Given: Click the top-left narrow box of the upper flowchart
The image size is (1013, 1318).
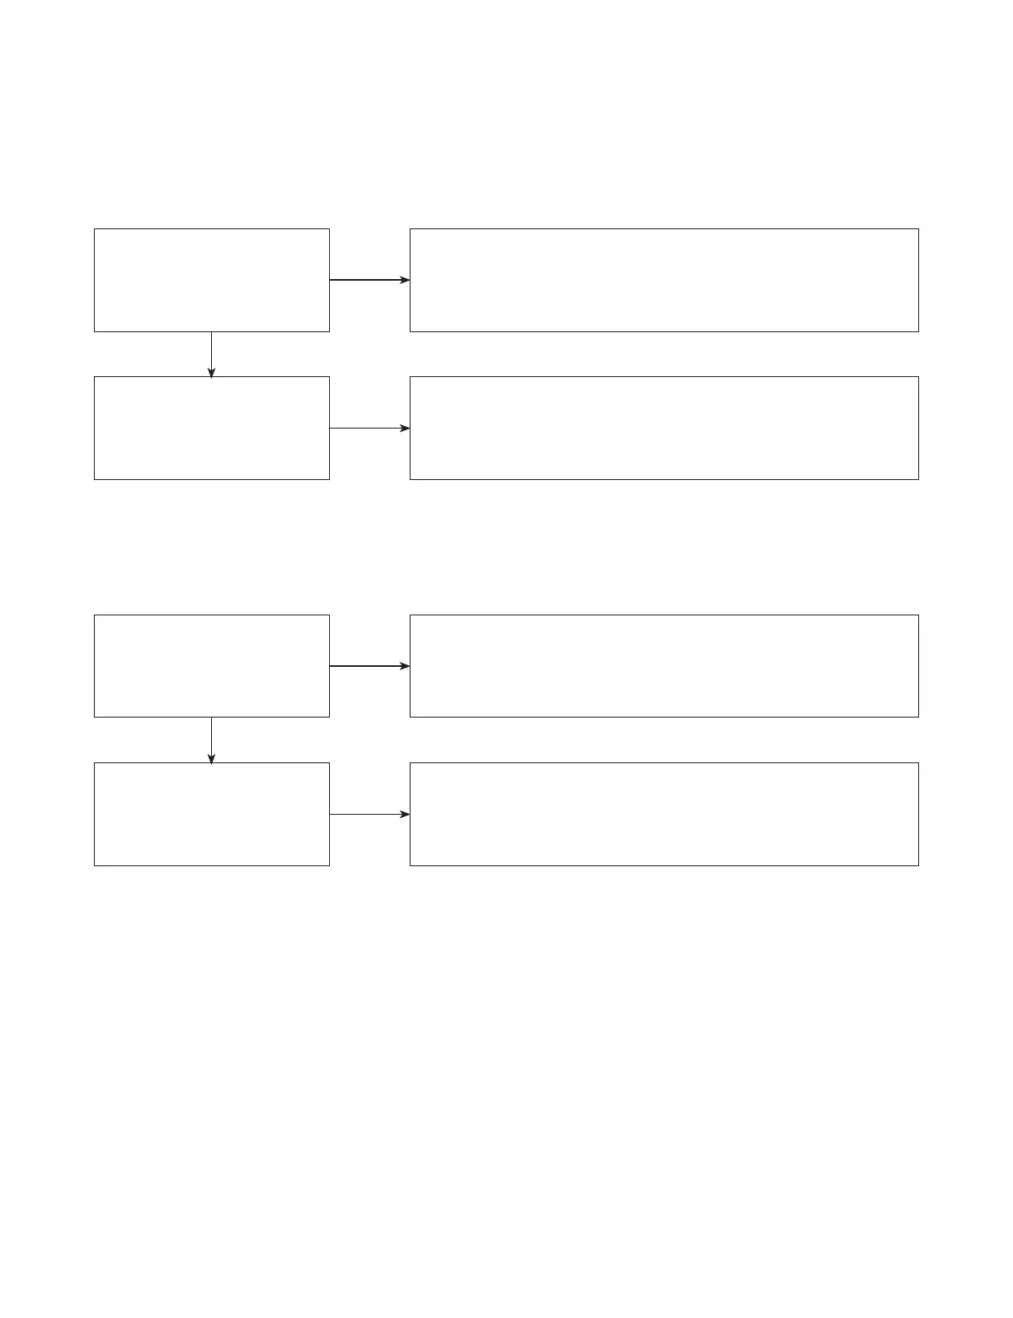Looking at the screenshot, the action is click(x=212, y=280).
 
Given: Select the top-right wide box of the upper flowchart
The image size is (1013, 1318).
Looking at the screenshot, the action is click(x=664, y=280).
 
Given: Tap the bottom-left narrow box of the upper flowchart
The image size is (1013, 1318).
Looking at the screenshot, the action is click(x=212, y=428).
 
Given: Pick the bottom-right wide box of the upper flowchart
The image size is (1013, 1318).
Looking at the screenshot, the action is click(x=664, y=428).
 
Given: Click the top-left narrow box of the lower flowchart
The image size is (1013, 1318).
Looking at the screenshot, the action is click(x=212, y=665).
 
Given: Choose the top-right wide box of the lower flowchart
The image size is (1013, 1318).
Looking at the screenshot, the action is click(x=664, y=665).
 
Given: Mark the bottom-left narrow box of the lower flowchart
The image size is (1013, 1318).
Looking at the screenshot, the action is click(x=212, y=814).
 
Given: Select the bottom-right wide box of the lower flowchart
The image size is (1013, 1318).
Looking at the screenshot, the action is click(x=664, y=814).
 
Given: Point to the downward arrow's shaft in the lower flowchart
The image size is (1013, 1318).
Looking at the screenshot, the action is click(x=211, y=735).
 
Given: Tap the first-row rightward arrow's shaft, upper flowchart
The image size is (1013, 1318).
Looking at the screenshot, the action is click(x=364, y=280).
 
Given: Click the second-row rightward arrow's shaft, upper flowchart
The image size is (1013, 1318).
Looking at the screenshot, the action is click(x=364, y=428).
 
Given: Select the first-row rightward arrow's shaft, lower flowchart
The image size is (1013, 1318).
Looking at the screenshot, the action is click(x=364, y=666).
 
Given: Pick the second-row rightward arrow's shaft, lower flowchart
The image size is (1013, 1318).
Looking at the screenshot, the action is click(x=364, y=814).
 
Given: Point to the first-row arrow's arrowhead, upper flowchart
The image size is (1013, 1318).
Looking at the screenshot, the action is click(x=405, y=280).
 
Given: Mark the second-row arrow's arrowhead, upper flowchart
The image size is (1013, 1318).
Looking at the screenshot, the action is click(x=405, y=428).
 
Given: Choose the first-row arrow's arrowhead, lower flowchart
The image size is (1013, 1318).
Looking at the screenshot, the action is click(x=405, y=666).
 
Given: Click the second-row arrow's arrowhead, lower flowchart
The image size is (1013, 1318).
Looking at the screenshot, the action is click(x=405, y=814).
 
